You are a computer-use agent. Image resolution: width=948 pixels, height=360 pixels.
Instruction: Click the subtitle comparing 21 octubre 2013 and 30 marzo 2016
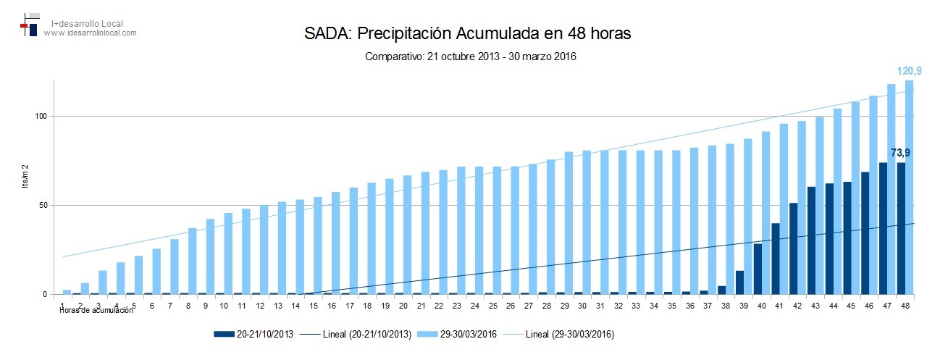(470, 56)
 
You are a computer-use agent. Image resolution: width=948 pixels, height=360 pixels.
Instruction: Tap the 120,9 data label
(909, 71)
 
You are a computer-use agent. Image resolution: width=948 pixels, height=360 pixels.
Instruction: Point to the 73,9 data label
(900, 153)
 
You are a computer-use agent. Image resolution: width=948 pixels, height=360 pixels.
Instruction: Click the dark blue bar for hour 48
(901, 228)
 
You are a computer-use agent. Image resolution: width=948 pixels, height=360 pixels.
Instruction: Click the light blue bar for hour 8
(193, 261)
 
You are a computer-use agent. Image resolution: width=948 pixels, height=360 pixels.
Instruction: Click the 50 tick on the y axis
(43, 205)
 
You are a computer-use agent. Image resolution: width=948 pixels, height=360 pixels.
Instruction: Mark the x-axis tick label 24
(475, 306)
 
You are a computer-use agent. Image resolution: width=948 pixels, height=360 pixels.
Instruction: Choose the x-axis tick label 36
(689, 306)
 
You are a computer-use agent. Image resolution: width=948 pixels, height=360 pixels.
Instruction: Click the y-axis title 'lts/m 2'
(25, 176)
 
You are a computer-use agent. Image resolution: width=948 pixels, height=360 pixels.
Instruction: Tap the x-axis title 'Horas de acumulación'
(96, 310)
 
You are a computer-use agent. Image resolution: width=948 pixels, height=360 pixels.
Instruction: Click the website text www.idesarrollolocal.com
(90, 33)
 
